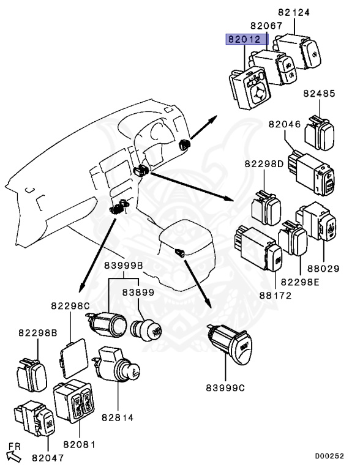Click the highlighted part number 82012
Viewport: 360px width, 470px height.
(x=244, y=39)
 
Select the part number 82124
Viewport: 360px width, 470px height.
(x=294, y=12)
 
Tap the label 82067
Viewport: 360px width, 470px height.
(x=267, y=26)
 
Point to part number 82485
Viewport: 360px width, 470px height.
(x=319, y=94)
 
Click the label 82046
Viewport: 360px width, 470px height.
(x=285, y=124)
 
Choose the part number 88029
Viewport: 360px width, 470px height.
(x=323, y=269)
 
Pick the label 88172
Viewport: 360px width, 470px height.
(x=276, y=296)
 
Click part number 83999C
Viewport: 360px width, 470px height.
(x=225, y=388)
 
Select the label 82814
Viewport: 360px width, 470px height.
(x=118, y=417)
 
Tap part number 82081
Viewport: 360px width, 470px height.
(x=79, y=444)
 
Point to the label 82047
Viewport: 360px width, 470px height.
(x=48, y=458)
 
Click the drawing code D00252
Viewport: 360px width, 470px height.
(x=329, y=456)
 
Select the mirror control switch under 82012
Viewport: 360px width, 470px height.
(x=250, y=88)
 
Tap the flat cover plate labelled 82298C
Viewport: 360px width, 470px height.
(x=74, y=359)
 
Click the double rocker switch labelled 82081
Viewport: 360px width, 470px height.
(x=74, y=401)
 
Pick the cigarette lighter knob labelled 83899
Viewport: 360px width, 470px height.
(x=147, y=330)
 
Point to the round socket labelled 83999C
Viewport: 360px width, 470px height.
(x=230, y=345)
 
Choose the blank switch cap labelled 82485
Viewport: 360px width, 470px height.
(x=320, y=133)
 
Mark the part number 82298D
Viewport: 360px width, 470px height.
(x=264, y=164)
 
